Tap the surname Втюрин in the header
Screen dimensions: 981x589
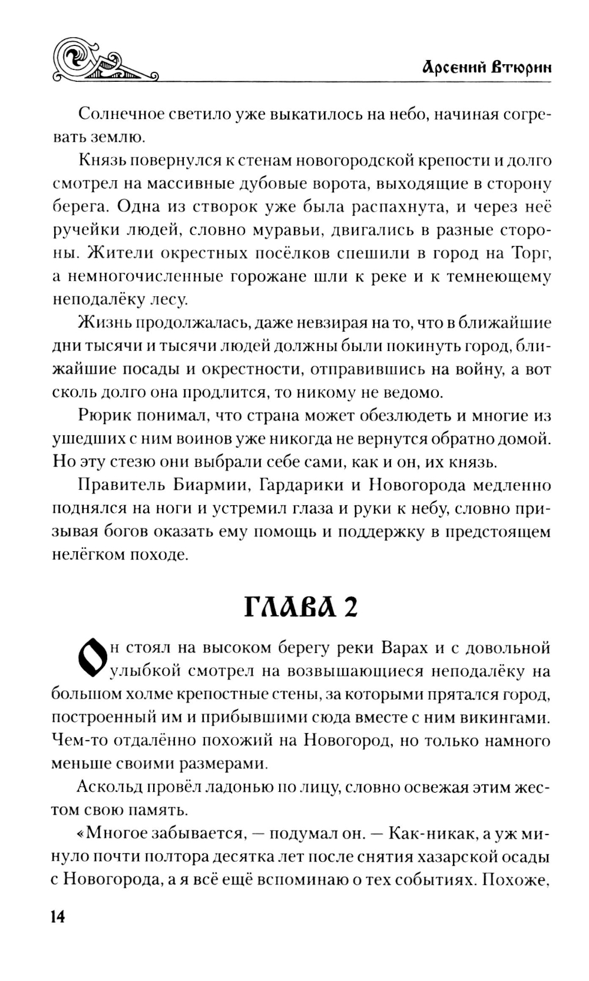click(x=522, y=67)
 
